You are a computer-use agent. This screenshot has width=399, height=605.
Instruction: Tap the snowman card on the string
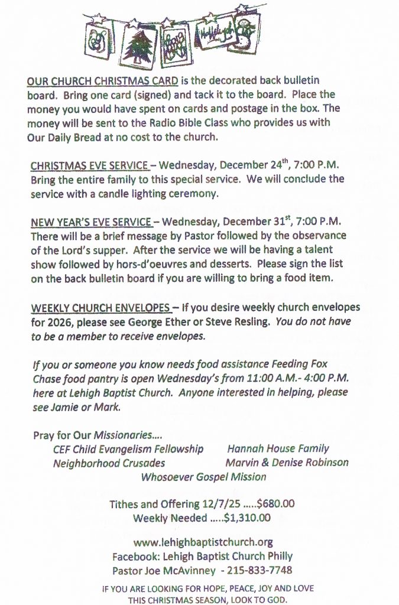tap(244, 34)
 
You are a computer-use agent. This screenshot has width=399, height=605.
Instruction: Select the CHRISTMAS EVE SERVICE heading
tap(89, 165)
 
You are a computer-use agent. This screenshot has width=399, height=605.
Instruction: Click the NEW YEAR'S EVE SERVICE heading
tap(91, 222)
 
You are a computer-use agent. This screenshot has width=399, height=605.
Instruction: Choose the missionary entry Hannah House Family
tap(278, 449)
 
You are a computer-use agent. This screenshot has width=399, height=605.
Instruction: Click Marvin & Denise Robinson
tap(287, 463)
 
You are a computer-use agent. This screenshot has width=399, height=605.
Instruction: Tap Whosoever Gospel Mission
tap(203, 477)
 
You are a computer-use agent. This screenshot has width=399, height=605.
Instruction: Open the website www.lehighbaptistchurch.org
tap(203, 542)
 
